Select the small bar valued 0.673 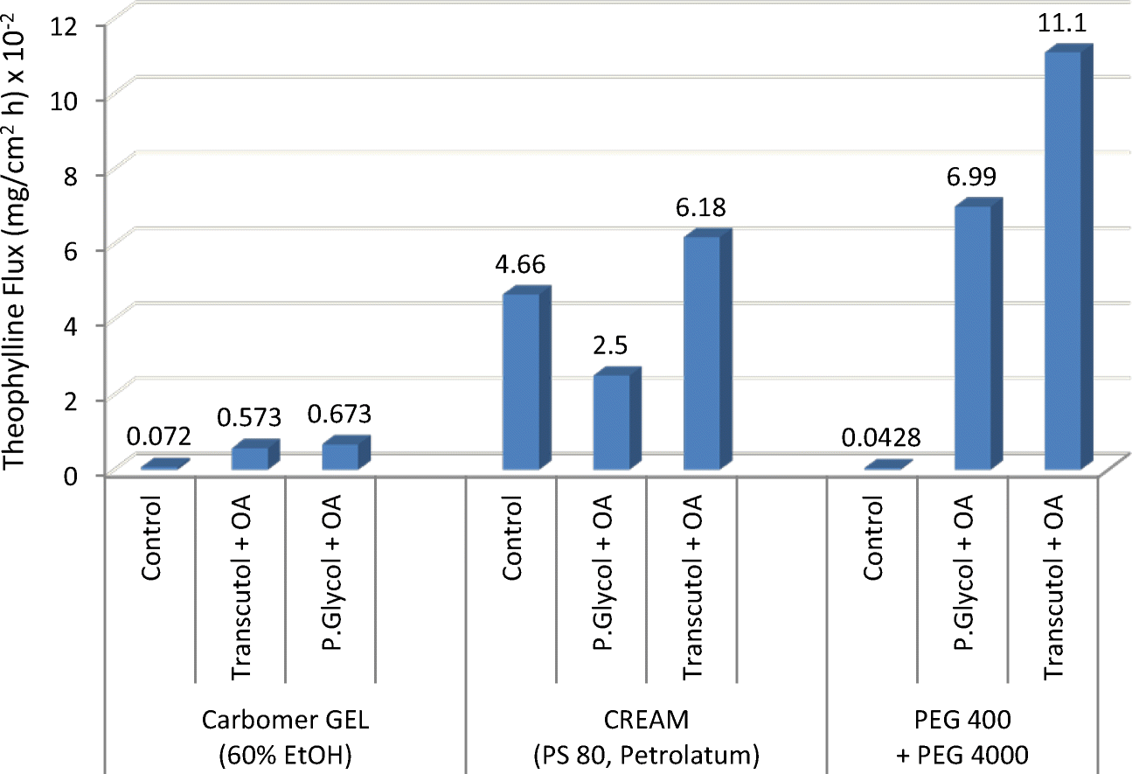pyautogui.click(x=340, y=456)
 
